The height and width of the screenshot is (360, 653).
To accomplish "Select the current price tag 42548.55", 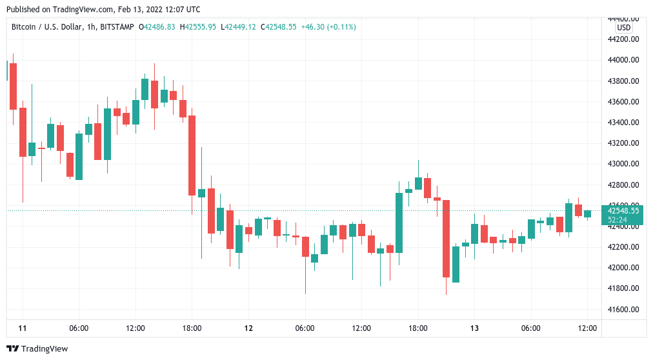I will point(623,210).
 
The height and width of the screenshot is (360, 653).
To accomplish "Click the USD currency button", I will point(624,28).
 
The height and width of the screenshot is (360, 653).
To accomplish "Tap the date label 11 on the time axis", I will point(23,328).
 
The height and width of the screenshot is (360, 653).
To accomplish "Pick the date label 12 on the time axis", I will point(248,328).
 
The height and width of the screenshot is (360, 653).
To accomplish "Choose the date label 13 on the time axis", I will point(474,328).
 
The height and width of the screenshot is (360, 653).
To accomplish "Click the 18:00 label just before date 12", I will point(192,328).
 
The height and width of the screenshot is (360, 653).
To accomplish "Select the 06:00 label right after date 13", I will point(530,328).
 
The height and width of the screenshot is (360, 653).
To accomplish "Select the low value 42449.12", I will point(242,27).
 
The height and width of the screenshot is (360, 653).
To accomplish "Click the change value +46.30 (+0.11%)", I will point(328,27).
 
